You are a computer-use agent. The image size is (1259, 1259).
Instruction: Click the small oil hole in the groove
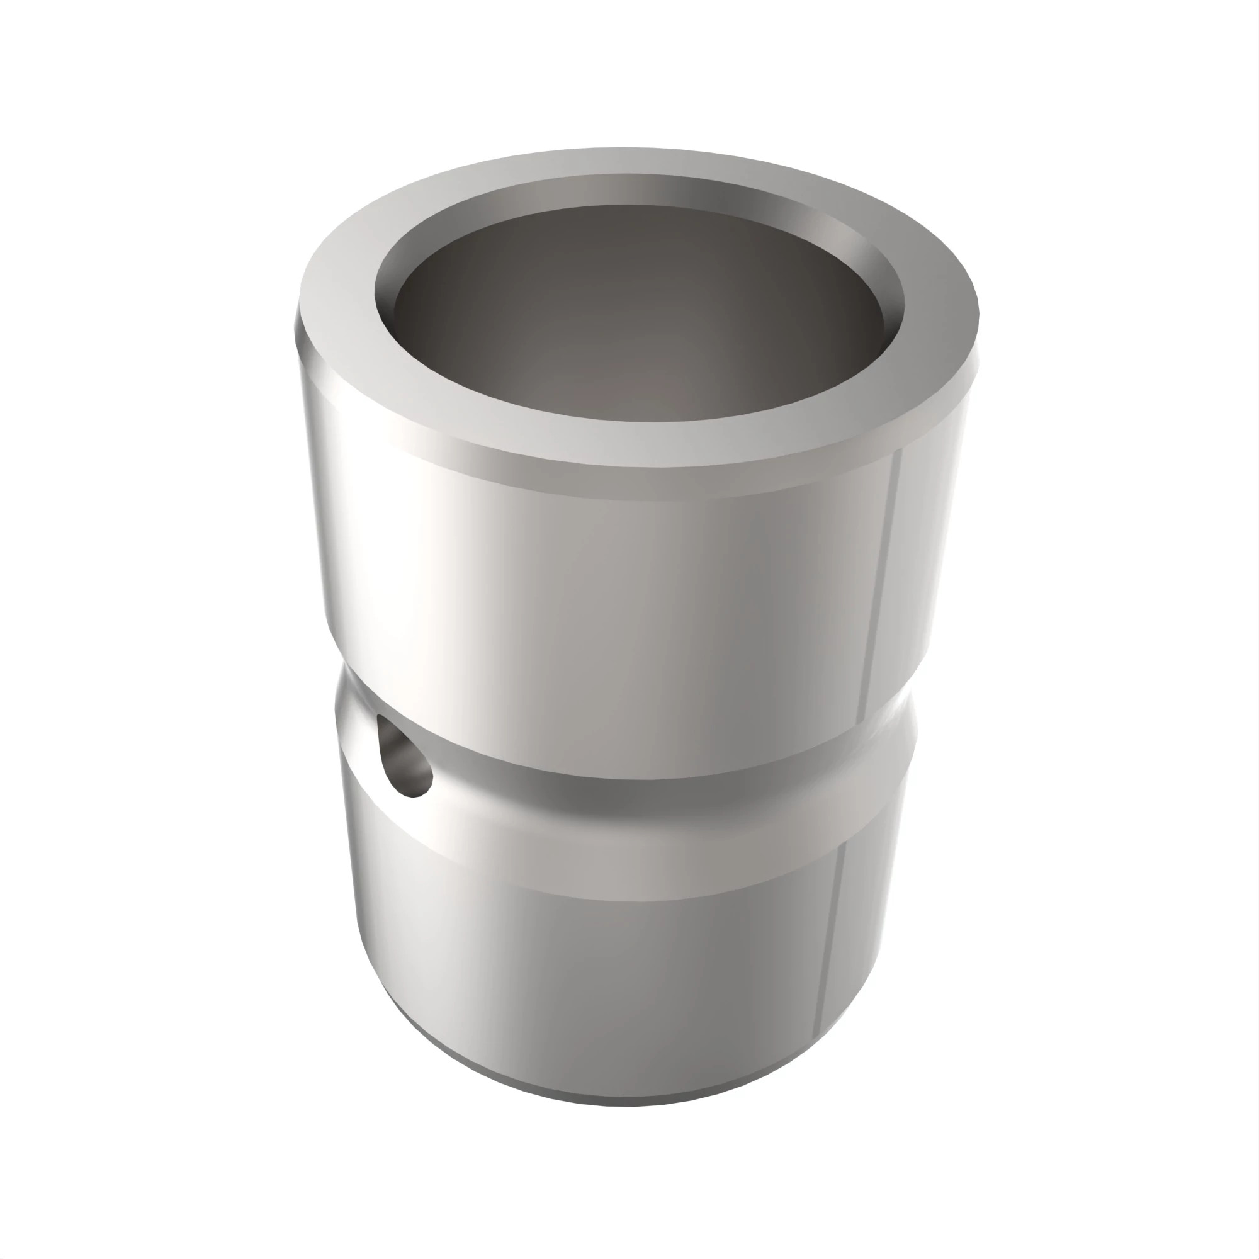pos(404,756)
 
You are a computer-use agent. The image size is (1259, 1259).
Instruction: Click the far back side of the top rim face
pos(626,161)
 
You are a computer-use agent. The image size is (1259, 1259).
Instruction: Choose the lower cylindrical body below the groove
pos(619,964)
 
